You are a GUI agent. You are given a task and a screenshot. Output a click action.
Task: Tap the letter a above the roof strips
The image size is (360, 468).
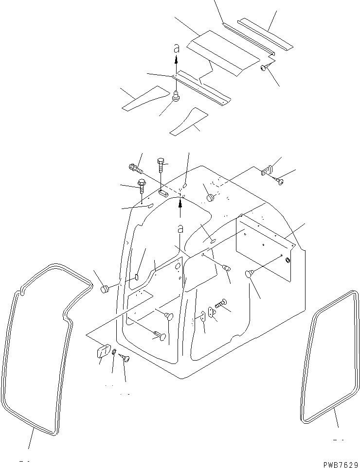[x=177, y=48]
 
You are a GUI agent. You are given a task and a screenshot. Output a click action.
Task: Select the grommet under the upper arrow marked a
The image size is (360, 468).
[x=176, y=96]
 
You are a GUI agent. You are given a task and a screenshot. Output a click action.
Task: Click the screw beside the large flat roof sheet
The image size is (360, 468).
[x=264, y=68]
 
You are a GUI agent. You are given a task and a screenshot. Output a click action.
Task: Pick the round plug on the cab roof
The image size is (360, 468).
[x=211, y=197]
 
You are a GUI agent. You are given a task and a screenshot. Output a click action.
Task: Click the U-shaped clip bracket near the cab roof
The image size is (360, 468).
[x=266, y=170]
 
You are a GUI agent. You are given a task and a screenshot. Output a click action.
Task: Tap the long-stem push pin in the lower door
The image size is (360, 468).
[x=161, y=335]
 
